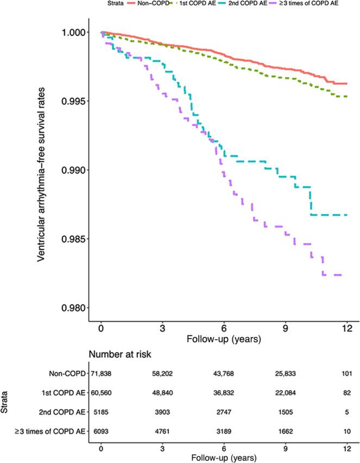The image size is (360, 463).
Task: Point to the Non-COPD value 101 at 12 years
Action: coord(346,374)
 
